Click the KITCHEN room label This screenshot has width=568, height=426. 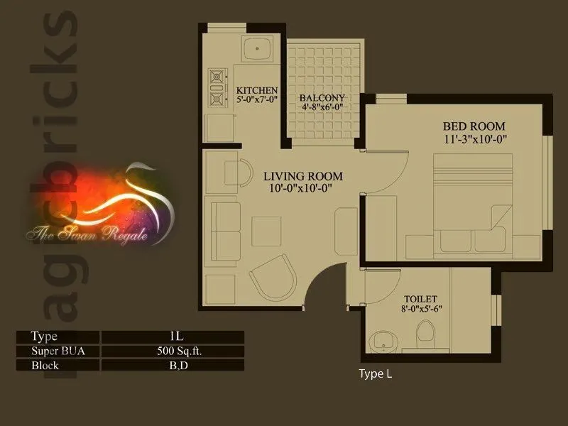(256, 90)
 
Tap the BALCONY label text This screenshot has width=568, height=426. (322, 98)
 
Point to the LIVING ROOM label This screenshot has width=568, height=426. (303, 176)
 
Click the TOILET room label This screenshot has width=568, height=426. (422, 299)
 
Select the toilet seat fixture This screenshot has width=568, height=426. (426, 333)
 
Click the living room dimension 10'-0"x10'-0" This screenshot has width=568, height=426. (301, 189)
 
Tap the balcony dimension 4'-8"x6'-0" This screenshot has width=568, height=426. (322, 109)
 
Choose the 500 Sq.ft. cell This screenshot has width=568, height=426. (172, 351)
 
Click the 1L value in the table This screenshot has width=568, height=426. (172, 337)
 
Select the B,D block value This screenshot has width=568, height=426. (172, 366)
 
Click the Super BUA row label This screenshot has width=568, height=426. (55, 351)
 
